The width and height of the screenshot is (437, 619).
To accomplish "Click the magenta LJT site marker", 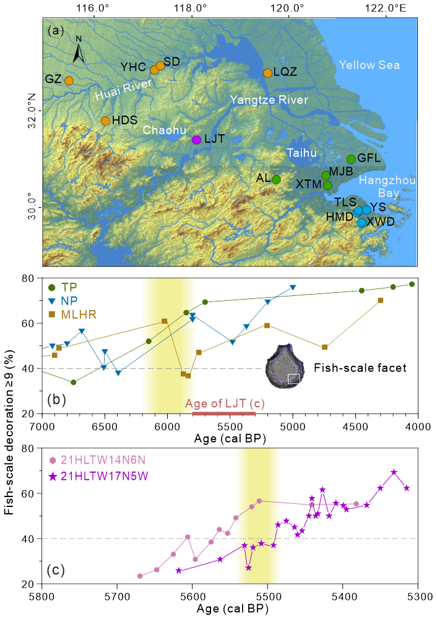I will [x=196, y=139].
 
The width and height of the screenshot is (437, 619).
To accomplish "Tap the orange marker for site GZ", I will [x=69, y=80].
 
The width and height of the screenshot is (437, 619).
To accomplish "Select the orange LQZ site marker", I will [x=267, y=73].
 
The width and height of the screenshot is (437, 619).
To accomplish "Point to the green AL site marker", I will [x=276, y=180].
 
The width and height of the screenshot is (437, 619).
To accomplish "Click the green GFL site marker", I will [x=351, y=159].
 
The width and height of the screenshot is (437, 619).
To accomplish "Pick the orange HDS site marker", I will [x=105, y=121].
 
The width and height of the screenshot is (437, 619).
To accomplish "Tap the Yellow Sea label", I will [x=369, y=65].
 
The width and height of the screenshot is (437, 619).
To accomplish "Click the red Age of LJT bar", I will [x=224, y=413].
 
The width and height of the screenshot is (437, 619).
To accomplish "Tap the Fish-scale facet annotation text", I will [x=360, y=368].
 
